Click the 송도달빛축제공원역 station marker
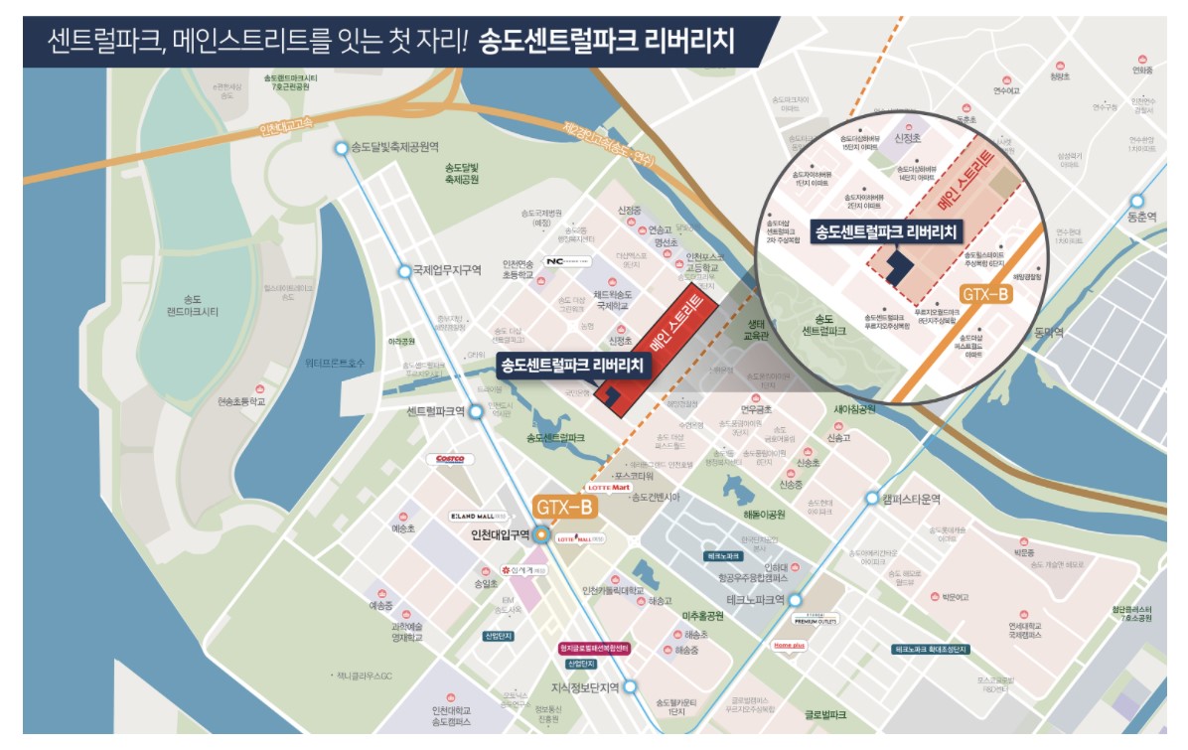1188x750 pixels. click(x=342, y=148)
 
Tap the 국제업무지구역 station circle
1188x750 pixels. click(x=403, y=271)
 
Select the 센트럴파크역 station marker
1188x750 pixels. click(x=476, y=411)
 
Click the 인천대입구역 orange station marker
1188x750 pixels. click(x=541, y=534)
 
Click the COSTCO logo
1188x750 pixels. click(x=451, y=459)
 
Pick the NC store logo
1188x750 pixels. click(x=569, y=261)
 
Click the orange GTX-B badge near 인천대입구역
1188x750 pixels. click(x=564, y=508)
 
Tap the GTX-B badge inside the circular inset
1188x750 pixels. click(x=985, y=294)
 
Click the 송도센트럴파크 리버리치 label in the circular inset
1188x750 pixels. click(x=885, y=232)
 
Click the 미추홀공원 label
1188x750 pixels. click(x=702, y=616)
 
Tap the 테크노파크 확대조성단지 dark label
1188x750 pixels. click(x=929, y=648)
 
